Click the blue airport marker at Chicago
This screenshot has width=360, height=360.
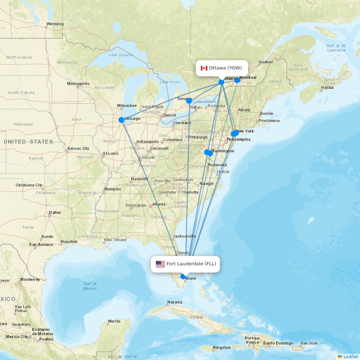tap(121, 120)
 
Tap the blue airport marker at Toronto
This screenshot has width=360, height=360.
tap(189, 101)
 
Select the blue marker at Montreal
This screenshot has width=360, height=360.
tap(237, 80)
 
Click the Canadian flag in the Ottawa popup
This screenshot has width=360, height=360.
tap(204, 68)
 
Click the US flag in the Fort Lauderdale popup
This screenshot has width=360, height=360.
tap(160, 264)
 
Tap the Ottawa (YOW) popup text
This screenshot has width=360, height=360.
tap(225, 68)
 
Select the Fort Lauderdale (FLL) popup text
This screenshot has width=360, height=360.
tap(191, 264)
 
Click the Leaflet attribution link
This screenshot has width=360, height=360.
tap(350, 356)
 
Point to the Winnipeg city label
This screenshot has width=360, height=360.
tap(55, 24)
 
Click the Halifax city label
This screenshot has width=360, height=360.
tap(327, 87)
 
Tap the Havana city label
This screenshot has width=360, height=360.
tap(175, 302)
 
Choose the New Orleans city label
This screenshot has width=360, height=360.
tap(115, 240)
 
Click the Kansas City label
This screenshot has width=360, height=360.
tap(78, 148)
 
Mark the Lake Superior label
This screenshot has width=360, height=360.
tap(121, 55)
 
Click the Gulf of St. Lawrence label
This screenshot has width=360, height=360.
tap(336, 48)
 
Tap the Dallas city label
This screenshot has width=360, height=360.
tap(55, 212)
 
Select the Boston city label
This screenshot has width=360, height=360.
tap(266, 114)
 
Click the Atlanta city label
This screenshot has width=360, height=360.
tap(159, 204)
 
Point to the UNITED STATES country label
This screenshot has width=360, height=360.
tap(28, 142)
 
